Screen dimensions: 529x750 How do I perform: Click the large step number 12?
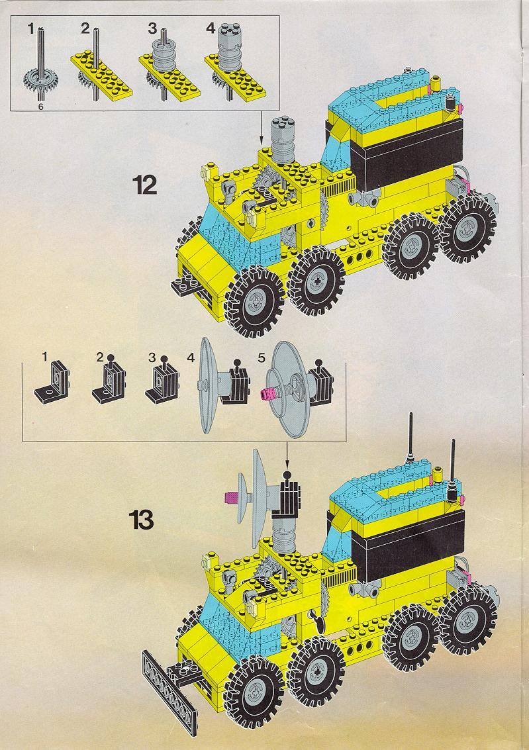tap(146, 185)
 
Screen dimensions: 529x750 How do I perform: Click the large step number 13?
tap(141, 520)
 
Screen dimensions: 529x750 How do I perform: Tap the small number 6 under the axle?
tap(40, 107)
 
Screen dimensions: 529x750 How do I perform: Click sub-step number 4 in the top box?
tap(211, 28)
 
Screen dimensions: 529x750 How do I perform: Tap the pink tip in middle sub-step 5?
tap(266, 394)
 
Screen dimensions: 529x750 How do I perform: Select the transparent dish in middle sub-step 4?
tap(206, 385)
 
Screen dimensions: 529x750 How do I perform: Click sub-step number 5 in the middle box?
tap(261, 357)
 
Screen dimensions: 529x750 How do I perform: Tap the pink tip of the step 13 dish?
tap(231, 498)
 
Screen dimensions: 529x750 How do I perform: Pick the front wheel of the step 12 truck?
tap(254, 301)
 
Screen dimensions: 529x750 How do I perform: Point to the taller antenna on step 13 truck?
tap(410, 439)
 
